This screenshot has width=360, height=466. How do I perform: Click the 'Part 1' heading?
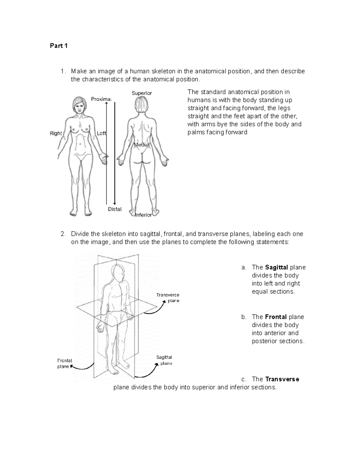pyautogui.click(x=58, y=46)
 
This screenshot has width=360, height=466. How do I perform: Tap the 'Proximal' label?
pyautogui.click(x=101, y=99)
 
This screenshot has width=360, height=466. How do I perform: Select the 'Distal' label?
pyautogui.click(x=115, y=209)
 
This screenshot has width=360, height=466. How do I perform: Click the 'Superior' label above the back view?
pyautogui.click(x=142, y=93)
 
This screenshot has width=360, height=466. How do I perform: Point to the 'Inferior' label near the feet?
pyautogui.click(x=143, y=215)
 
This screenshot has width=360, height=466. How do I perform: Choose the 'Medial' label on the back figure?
pyautogui.click(x=142, y=145)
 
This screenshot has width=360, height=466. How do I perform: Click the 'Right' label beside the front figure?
pyautogui.click(x=56, y=134)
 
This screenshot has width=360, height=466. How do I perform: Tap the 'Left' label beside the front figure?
pyautogui.click(x=101, y=134)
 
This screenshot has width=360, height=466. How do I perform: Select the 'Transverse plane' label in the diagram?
pyautogui.click(x=168, y=298)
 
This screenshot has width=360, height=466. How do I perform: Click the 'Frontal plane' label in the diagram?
pyautogui.click(x=64, y=363)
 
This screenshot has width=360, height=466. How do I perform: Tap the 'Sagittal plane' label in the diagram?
pyautogui.click(x=164, y=360)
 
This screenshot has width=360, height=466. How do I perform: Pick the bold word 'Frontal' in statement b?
pyautogui.click(x=276, y=317)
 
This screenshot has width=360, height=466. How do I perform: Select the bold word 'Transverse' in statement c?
pyautogui.click(x=282, y=379)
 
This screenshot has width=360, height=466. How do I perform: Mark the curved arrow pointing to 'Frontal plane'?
pyautogui.click(x=82, y=367)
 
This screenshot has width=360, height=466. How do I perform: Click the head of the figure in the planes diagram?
pyautogui.click(x=118, y=272)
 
